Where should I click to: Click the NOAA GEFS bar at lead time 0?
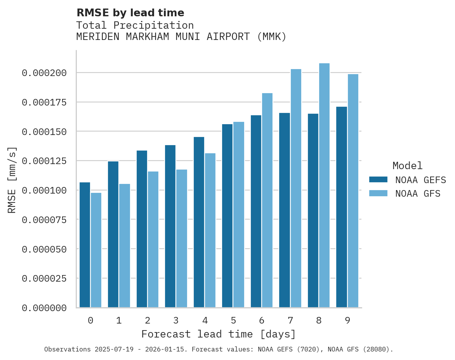(85, 245)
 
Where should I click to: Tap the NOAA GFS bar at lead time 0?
(96, 250)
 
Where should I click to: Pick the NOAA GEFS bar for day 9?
(342, 207)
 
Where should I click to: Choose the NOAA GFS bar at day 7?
(296, 188)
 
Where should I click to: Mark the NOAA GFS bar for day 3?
(182, 239)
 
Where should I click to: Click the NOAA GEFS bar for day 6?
(256, 211)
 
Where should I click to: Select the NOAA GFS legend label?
(418, 193)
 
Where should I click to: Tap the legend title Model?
(407, 166)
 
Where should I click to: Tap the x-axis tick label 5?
(233, 320)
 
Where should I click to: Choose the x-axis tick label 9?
(347, 320)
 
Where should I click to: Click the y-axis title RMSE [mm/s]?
(12, 180)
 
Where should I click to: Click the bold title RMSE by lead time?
(130, 13)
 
